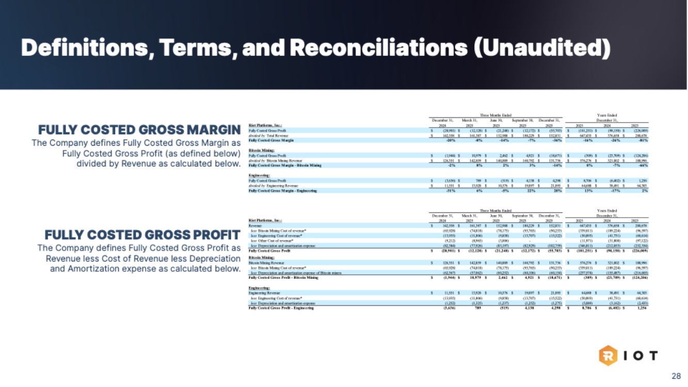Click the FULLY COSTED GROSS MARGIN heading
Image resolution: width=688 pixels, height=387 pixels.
point(139,130)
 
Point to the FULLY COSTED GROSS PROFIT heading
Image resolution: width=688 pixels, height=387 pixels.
point(142,235)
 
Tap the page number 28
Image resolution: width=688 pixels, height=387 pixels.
point(676,376)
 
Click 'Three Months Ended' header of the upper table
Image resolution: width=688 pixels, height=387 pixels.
point(495,115)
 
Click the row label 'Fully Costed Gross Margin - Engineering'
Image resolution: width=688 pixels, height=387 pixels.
point(283,191)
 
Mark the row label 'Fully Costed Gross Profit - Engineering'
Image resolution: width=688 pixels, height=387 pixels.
point(282,308)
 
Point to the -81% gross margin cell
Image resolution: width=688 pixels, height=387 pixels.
point(641,140)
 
